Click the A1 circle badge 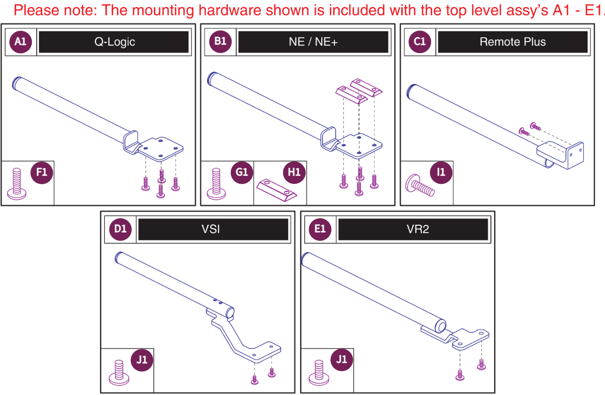[x=20, y=42]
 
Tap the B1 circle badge [x=220, y=42]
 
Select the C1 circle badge [x=419, y=42]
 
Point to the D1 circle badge [x=120, y=229]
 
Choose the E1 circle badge [x=320, y=229]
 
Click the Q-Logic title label [x=114, y=42]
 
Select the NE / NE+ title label [x=313, y=42]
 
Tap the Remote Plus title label [x=512, y=42]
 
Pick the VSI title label [x=211, y=229]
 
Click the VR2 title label [x=418, y=229]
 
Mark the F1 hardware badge [x=42, y=172]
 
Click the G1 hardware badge [x=242, y=172]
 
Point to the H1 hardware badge [x=294, y=172]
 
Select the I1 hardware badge [x=441, y=172]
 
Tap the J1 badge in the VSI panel [x=142, y=360]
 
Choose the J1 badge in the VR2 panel [x=341, y=360]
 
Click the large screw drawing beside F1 [x=17, y=184]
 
